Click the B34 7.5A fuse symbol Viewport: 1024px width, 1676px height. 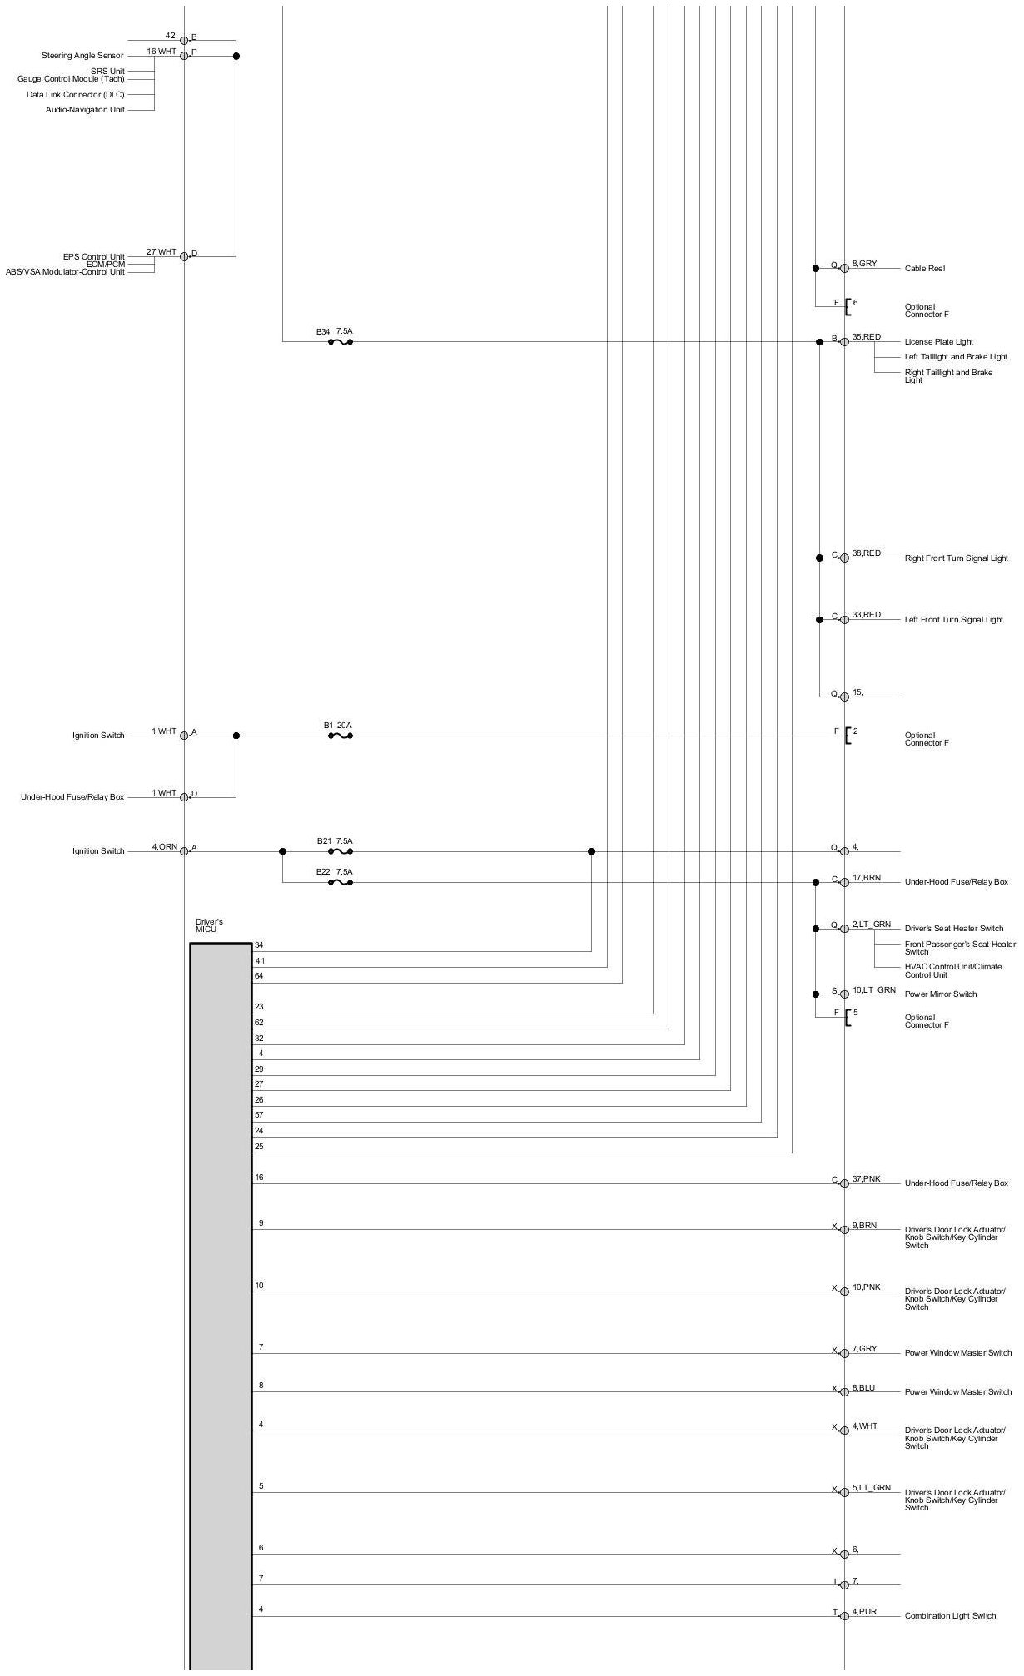[341, 341]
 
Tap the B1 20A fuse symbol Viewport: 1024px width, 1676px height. [341, 736]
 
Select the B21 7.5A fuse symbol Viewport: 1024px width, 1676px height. [341, 851]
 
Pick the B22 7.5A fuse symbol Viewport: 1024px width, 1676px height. [341, 882]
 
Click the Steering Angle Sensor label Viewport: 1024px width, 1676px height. [82, 56]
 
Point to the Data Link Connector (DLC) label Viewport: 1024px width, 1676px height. [75, 95]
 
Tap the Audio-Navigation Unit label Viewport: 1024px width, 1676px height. [85, 110]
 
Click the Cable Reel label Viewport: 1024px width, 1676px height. [924, 269]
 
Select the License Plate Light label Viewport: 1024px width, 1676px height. [938, 342]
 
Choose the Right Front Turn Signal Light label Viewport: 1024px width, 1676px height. [956, 558]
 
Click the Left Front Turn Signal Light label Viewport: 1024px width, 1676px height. [953, 620]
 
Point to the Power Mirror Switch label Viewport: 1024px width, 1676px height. [941, 994]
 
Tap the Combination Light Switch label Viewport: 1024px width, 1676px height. [950, 1616]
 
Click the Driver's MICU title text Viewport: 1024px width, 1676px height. [208, 925]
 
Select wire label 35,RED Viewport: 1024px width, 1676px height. [866, 337]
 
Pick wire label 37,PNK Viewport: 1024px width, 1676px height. [866, 1179]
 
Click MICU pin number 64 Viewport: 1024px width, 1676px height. [259, 976]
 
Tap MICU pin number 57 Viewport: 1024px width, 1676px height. [259, 1115]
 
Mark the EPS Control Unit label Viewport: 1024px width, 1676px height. [94, 257]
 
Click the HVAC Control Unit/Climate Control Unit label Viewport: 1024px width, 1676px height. [953, 971]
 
